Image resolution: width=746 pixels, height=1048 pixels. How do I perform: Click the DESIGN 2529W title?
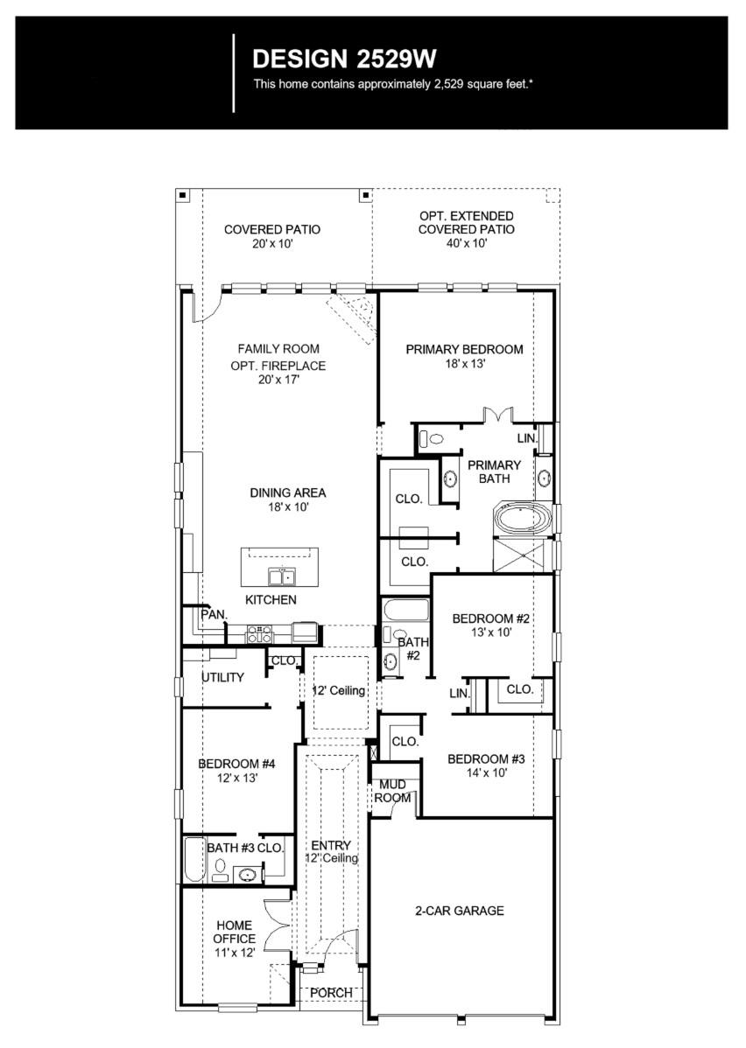[344, 59]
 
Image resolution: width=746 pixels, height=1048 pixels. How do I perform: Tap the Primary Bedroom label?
[464, 349]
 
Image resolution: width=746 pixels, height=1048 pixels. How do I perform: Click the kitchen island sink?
[281, 576]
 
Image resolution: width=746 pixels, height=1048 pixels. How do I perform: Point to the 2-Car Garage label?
[460, 911]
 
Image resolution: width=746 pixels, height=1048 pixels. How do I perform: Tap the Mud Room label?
[392, 792]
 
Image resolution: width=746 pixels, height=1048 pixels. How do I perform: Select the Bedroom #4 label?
[236, 764]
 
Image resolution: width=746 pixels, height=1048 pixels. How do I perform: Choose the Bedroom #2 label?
[491, 619]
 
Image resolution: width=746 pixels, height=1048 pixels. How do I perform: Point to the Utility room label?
[222, 677]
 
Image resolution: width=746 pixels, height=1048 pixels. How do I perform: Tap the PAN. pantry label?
[214, 615]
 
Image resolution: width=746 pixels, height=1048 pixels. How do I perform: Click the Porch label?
[332, 992]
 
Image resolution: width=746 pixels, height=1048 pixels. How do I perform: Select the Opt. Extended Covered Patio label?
[466, 222]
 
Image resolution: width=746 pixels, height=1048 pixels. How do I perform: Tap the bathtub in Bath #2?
[405, 610]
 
